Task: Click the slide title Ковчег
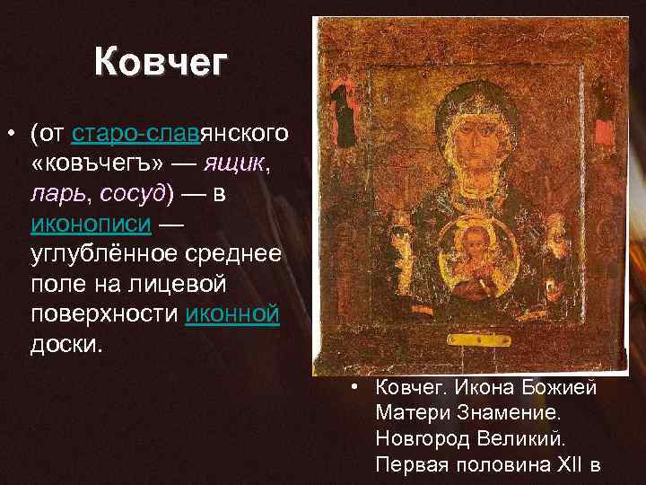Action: (x=161, y=63)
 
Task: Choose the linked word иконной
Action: (x=231, y=314)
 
